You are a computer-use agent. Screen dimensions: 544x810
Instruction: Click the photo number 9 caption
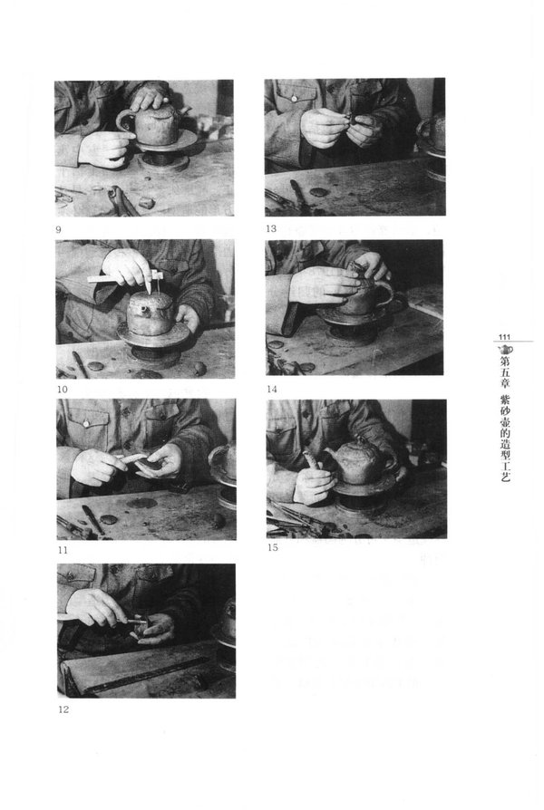pyautogui.click(x=58, y=229)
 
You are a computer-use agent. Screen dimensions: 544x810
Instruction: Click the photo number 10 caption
pyautogui.click(x=62, y=390)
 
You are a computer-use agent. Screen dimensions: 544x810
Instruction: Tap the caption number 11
pyautogui.click(x=63, y=550)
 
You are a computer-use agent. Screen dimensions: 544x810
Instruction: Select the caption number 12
pyautogui.click(x=63, y=709)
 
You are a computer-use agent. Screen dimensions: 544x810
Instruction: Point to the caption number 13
pyautogui.click(x=271, y=228)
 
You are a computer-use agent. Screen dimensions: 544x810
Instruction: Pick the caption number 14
pyautogui.click(x=272, y=389)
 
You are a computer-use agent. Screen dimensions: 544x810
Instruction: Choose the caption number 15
pyautogui.click(x=273, y=547)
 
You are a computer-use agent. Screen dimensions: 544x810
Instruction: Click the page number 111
pyautogui.click(x=504, y=337)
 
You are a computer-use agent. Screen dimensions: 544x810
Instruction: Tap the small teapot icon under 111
pyautogui.click(x=505, y=349)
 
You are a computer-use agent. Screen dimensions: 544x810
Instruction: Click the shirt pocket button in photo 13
pyautogui.click(x=294, y=99)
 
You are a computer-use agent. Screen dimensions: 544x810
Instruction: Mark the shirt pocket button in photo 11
pyautogui.click(x=86, y=424)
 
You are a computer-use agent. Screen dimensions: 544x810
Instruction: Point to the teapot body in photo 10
pyautogui.click(x=150, y=313)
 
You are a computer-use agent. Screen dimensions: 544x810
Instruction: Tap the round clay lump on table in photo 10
pyautogui.click(x=199, y=367)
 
